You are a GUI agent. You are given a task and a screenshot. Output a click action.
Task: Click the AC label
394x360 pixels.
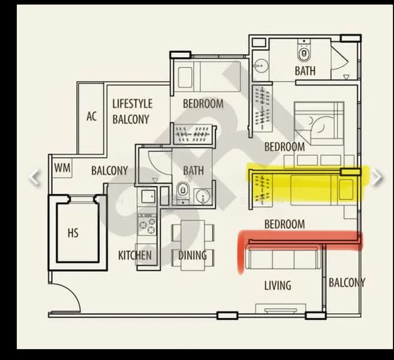tap(91, 116)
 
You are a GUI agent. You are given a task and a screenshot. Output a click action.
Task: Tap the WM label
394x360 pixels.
tap(62, 169)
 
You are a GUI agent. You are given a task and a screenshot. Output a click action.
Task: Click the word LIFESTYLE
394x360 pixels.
tap(133, 104)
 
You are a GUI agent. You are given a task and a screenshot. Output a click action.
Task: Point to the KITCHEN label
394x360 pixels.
tap(135, 256)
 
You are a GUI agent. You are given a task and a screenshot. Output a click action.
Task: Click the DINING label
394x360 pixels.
tap(193, 256)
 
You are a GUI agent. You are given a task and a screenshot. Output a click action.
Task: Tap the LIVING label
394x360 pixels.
tap(278, 286)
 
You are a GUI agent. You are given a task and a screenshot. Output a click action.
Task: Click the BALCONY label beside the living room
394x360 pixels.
tap(347, 283)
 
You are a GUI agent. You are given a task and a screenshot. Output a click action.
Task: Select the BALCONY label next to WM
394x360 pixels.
tap(109, 170)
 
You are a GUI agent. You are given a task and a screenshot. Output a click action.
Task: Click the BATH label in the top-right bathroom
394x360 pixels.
tap(305, 71)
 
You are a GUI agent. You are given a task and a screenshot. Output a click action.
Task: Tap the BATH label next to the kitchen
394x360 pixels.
tap(193, 170)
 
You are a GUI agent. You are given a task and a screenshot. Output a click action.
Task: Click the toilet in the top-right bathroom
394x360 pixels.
tap(304, 53)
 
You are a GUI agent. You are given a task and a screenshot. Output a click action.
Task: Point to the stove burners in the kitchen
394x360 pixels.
tap(146, 226)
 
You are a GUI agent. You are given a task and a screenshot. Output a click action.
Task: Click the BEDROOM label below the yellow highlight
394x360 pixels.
tap(284, 224)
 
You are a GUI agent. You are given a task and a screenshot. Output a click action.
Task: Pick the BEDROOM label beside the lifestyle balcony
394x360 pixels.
tap(203, 104)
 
